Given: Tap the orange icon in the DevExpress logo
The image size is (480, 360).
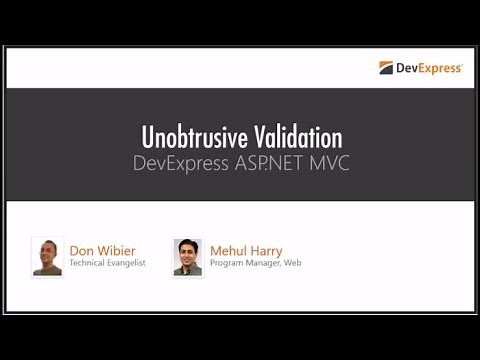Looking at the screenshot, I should (385, 68).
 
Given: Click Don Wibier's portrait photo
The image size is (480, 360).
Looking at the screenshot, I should (47, 256).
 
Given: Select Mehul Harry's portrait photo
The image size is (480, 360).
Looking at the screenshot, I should (187, 256).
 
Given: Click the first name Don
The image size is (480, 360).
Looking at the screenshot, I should (82, 250).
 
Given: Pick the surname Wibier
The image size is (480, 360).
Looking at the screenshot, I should (118, 250).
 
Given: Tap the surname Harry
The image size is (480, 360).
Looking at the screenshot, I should (268, 250).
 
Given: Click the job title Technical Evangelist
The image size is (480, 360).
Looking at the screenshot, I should (107, 264).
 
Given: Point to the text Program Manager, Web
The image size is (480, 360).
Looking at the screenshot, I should (255, 264).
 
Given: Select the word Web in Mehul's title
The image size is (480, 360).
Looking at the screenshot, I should (292, 264).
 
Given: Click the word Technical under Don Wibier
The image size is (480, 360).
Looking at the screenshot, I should (88, 264).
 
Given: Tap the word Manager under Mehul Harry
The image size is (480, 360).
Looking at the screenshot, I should (263, 264).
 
